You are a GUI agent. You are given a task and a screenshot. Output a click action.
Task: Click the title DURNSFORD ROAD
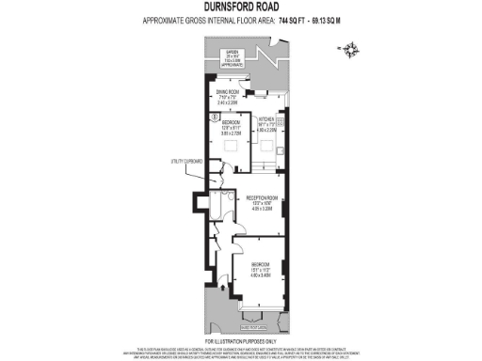pos(241,8)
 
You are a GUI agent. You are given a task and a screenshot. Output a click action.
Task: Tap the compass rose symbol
pos(350,50)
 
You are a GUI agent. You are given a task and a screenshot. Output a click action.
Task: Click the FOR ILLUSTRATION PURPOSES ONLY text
pos(241,339)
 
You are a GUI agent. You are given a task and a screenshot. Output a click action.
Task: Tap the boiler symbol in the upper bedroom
pos(216,117)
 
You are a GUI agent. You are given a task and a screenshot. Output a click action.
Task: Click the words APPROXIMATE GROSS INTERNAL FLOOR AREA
pos(207,20)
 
